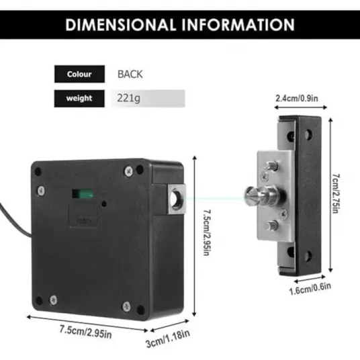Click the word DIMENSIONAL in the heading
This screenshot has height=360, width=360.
(x=120, y=25)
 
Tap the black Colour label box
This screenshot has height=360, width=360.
(x=79, y=74)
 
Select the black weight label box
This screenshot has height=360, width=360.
(x=79, y=99)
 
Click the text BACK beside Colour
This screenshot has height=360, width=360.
(x=130, y=74)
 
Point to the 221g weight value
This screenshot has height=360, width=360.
(x=128, y=98)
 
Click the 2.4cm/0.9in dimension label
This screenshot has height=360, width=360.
(x=297, y=98)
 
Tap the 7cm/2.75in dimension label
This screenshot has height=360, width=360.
(x=336, y=193)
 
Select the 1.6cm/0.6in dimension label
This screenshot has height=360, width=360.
(x=310, y=289)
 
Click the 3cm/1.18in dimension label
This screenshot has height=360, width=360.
(x=168, y=339)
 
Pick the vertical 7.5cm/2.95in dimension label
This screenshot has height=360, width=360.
(x=206, y=232)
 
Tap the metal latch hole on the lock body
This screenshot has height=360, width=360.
(x=176, y=199)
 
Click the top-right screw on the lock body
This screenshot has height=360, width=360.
(x=129, y=171)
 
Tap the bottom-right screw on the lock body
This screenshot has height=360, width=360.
(x=126, y=306)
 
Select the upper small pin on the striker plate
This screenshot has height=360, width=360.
(x=271, y=165)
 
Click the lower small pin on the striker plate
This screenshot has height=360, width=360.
(x=272, y=225)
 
